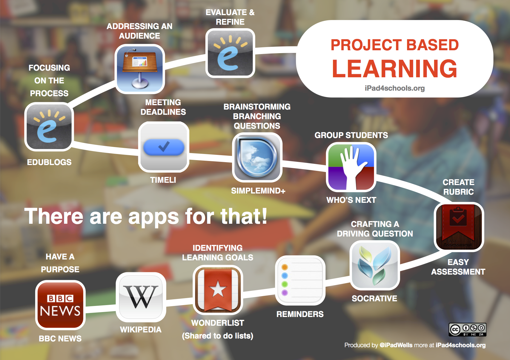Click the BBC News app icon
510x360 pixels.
[60, 305]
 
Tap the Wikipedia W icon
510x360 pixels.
[141, 297]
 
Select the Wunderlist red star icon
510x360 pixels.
[218, 290]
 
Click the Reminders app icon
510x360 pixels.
[300, 280]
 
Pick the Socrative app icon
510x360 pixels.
[375, 265]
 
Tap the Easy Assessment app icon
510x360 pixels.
[459, 227]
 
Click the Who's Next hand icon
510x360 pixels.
[351, 167]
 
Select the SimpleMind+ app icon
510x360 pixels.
[257, 157]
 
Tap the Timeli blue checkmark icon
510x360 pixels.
[164, 147]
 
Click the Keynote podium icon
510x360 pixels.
[140, 69]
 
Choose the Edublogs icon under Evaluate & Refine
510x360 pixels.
[230, 53]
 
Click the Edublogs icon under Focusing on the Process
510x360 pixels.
[49, 127]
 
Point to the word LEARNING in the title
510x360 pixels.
[395, 69]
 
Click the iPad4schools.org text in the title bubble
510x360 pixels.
[395, 88]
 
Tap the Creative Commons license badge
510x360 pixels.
[468, 329]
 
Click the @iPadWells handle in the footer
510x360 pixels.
[396, 345]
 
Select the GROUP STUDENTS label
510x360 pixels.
[351, 135]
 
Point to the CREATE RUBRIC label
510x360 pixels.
[459, 187]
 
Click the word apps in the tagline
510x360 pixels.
[154, 217]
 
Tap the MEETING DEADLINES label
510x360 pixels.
[163, 107]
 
